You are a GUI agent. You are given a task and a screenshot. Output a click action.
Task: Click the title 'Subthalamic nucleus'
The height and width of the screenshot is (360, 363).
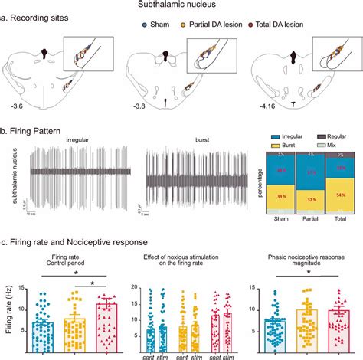[x=181, y=5]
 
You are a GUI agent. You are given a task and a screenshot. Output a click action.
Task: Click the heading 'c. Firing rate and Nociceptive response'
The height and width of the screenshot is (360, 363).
[x=73, y=244]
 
